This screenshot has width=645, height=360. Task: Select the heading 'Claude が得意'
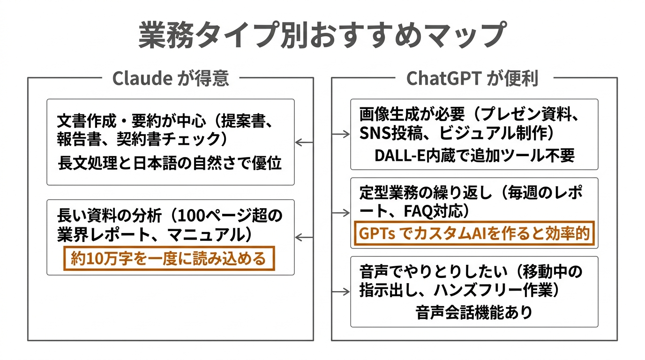(171, 78)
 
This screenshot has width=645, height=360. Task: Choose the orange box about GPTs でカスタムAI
(473, 233)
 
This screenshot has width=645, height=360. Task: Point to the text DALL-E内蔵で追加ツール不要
(474, 156)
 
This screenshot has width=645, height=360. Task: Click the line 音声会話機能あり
(474, 312)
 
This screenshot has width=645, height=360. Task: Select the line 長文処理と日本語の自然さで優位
(170, 164)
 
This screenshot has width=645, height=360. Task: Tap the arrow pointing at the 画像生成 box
(341, 135)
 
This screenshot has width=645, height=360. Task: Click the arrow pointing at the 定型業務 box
(341, 213)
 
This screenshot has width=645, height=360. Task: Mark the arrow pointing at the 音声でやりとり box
(341, 292)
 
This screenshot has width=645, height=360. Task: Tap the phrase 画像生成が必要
(412, 114)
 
